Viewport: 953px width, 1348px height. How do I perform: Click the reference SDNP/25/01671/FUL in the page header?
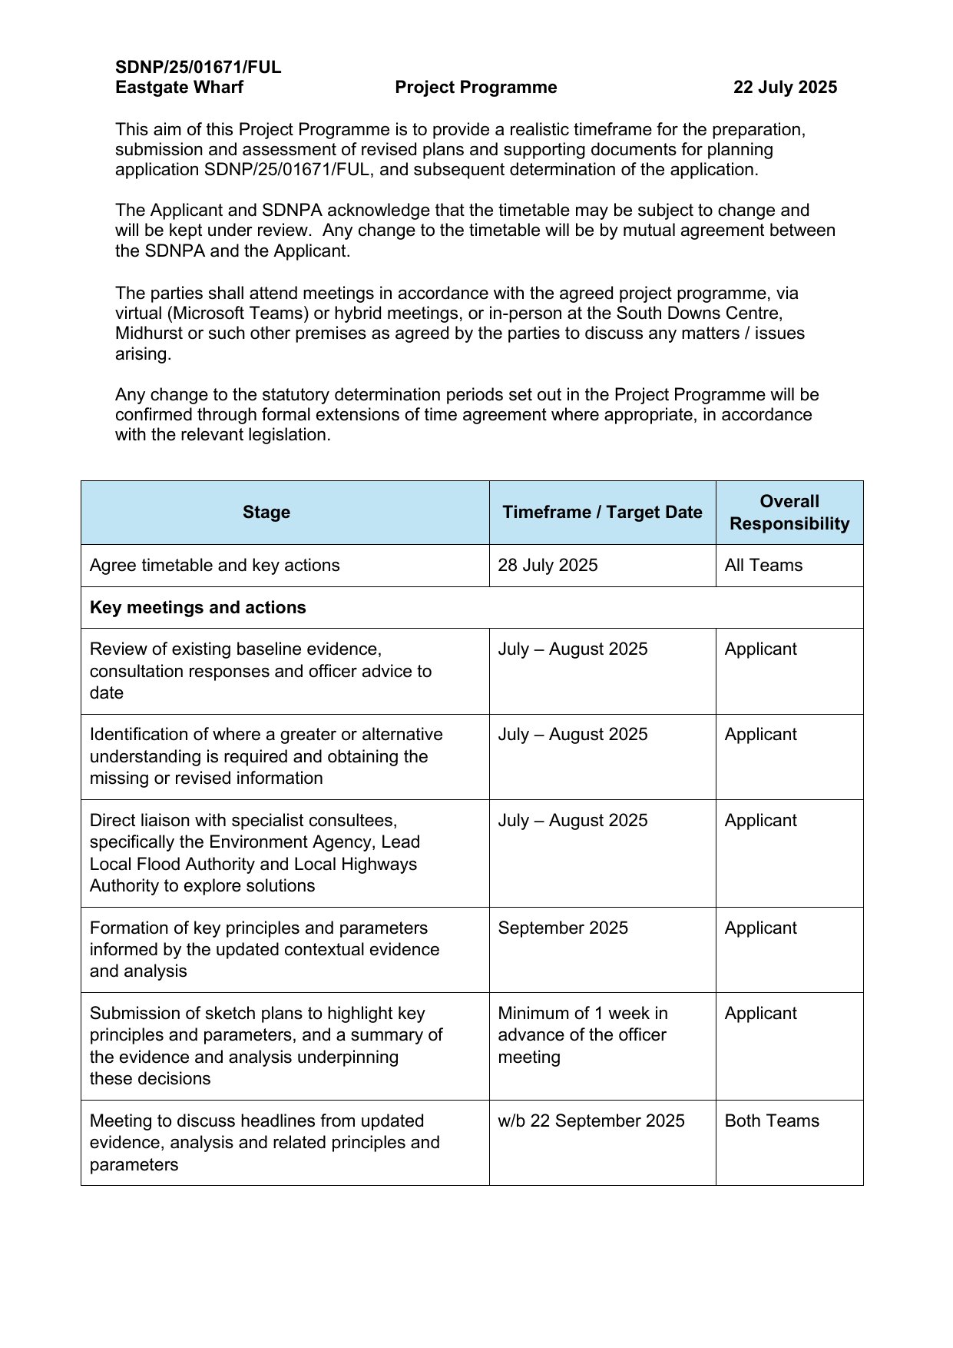[x=198, y=67]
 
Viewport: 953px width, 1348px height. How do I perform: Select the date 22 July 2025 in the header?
[x=785, y=88]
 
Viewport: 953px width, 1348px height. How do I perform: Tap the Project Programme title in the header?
[x=476, y=88]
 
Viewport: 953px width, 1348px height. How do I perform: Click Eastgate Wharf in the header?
[x=179, y=88]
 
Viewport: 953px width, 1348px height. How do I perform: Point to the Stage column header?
[x=266, y=513]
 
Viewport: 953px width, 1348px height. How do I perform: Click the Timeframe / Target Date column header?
[x=602, y=513]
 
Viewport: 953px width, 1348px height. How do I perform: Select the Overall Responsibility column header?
[x=789, y=513]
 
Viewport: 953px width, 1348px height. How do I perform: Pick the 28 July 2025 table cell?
[x=548, y=566]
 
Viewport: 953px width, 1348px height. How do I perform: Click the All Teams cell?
[x=763, y=566]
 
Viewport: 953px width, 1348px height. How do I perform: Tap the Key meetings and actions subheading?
[x=198, y=608]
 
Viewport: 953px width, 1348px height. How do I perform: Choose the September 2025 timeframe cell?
[x=563, y=928]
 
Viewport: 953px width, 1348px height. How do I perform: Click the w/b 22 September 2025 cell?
[x=591, y=1121]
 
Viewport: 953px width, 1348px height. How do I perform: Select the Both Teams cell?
[x=772, y=1121]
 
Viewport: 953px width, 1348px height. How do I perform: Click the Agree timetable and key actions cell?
[x=214, y=566]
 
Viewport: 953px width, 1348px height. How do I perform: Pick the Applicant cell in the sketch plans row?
[x=760, y=1014]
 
